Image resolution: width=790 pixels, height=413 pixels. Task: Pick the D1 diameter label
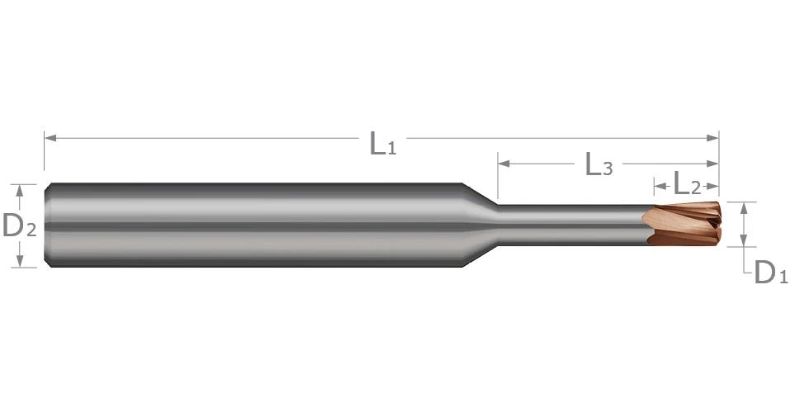[x=770, y=273]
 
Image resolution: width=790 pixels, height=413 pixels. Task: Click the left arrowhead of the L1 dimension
[x=50, y=138]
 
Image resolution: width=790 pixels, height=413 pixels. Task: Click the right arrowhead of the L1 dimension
[x=713, y=138]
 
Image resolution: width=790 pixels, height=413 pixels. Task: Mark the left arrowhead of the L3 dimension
[x=504, y=164]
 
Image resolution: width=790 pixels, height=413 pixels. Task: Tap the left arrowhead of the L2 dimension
[x=660, y=186]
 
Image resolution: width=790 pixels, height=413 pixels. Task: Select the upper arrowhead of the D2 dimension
[x=20, y=190]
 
